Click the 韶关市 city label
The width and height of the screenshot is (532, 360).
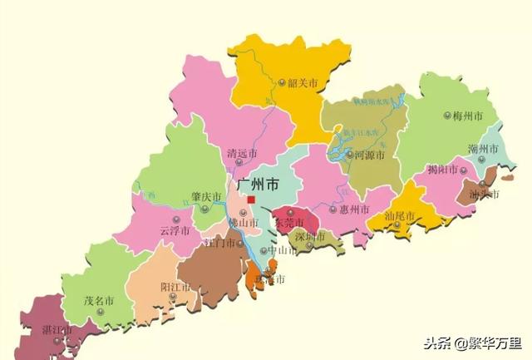click(303, 82)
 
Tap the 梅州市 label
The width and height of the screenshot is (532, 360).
click(468, 116)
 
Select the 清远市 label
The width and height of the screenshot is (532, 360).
click(242, 154)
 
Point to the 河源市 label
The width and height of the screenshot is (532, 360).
click(369, 155)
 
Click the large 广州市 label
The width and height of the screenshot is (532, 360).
click(258, 185)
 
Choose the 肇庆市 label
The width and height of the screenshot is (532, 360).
click(206, 197)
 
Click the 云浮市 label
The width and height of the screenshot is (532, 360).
click(175, 229)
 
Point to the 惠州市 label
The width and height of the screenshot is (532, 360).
click(355, 210)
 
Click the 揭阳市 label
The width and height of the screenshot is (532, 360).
click(442, 170)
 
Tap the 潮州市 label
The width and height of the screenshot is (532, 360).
click(483, 149)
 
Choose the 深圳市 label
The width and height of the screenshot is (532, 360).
click(309, 237)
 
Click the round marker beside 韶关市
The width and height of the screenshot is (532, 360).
click(283, 82)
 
